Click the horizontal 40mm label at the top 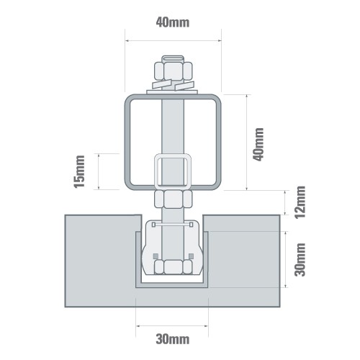[x=172, y=22]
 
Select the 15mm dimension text [x=81, y=171]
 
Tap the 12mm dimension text [x=301, y=202]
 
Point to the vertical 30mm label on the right [x=301, y=259]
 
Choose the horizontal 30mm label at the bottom [x=172, y=337]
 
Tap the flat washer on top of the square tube [x=173, y=89]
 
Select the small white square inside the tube [x=172, y=171]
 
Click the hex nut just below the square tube [x=172, y=197]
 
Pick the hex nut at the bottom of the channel [x=172, y=267]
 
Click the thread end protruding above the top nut [x=172, y=58]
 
